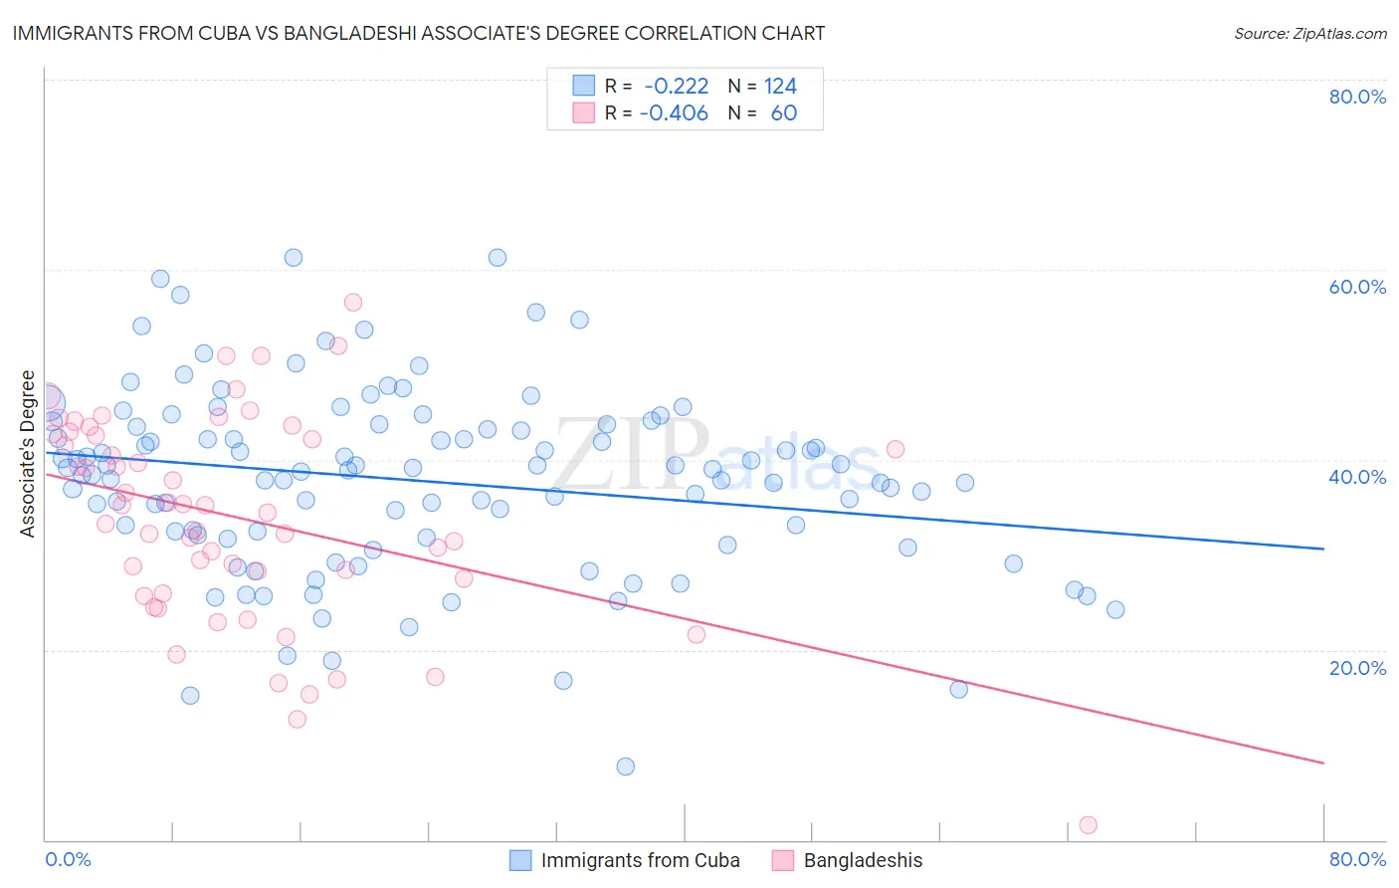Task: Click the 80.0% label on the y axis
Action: [1357, 97]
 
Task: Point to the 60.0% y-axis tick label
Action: [1357, 287]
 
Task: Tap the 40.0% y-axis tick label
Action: [1357, 477]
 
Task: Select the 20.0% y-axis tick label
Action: [1357, 667]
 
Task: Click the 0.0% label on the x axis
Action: [68, 859]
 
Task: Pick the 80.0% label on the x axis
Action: [1357, 859]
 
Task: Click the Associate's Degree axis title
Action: [28, 454]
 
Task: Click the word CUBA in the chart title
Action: [246, 33]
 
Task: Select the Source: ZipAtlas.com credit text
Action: [1309, 33]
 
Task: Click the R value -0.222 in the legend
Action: [676, 87]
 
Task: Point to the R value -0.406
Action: [674, 112]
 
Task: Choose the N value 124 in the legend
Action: [780, 87]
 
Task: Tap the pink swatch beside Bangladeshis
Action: [783, 860]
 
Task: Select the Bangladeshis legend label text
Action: [863, 860]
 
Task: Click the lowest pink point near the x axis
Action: [1088, 825]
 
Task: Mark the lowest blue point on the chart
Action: [625, 767]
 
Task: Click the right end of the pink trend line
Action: [1323, 763]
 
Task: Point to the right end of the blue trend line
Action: [1323, 549]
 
